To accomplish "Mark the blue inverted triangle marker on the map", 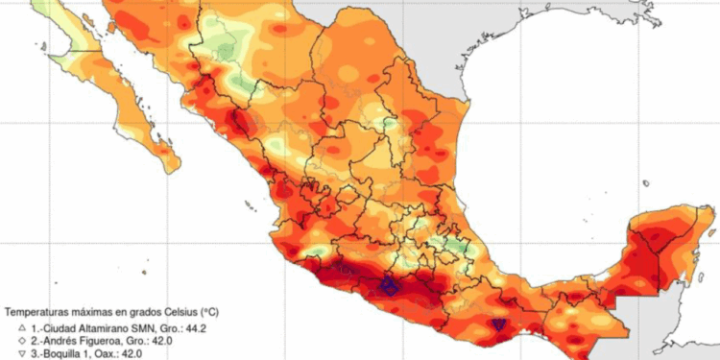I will (498, 326).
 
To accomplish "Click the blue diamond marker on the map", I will (389, 285).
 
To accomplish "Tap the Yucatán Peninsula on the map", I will (662, 240).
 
